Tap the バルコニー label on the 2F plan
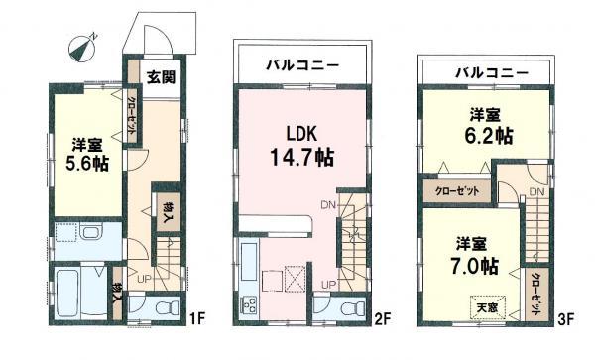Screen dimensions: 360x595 (x=301, y=66)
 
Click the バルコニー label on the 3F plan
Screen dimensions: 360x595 (x=491, y=73)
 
